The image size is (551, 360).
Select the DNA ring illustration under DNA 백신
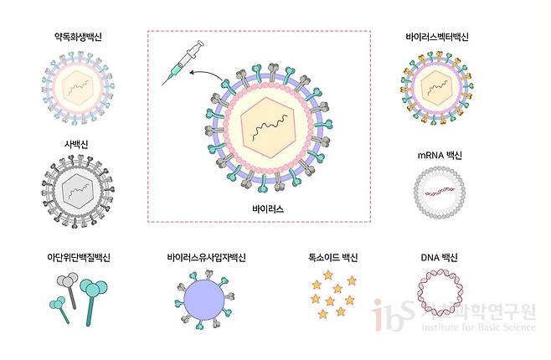click(439, 301)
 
